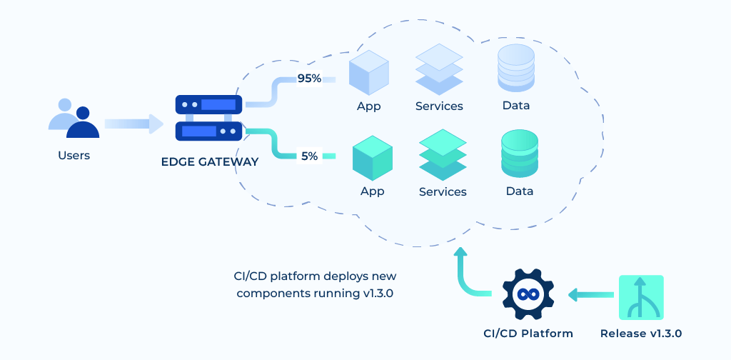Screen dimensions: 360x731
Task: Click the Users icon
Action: coord(74,119)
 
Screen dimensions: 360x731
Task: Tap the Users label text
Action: coord(74,155)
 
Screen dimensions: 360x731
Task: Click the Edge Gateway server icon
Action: coord(209,118)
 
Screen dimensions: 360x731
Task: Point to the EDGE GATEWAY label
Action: coord(210,162)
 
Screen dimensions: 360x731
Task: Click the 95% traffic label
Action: coord(309,79)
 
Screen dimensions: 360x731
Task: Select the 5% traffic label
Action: coord(309,155)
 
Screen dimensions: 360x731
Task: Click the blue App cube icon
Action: coord(368,74)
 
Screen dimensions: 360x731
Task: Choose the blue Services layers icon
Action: coord(439,69)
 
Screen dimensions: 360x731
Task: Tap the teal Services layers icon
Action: coord(443,154)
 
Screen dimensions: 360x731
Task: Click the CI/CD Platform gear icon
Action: coord(528,294)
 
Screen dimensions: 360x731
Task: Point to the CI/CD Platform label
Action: coord(528,333)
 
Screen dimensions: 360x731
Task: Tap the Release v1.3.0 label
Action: coord(641,333)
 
